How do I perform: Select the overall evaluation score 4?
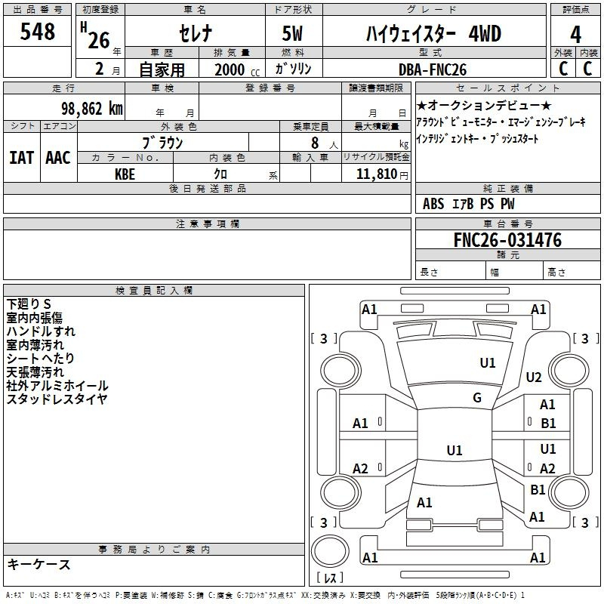[576, 34]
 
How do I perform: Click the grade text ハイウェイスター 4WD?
[433, 34]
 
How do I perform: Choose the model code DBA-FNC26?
[433, 69]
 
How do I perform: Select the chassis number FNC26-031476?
[507, 241]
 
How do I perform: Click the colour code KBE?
[125, 173]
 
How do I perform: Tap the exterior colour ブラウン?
[162, 143]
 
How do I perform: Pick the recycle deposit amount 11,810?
[376, 174]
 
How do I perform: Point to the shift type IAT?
[21, 158]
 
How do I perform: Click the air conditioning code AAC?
[58, 158]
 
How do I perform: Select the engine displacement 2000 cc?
[234, 69]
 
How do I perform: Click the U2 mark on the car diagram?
[534, 377]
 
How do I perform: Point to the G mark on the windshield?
[476, 398]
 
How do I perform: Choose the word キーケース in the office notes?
[39, 565]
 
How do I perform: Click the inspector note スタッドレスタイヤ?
[57, 399]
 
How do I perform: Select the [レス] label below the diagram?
[330, 578]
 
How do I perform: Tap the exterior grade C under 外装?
[563, 69]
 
